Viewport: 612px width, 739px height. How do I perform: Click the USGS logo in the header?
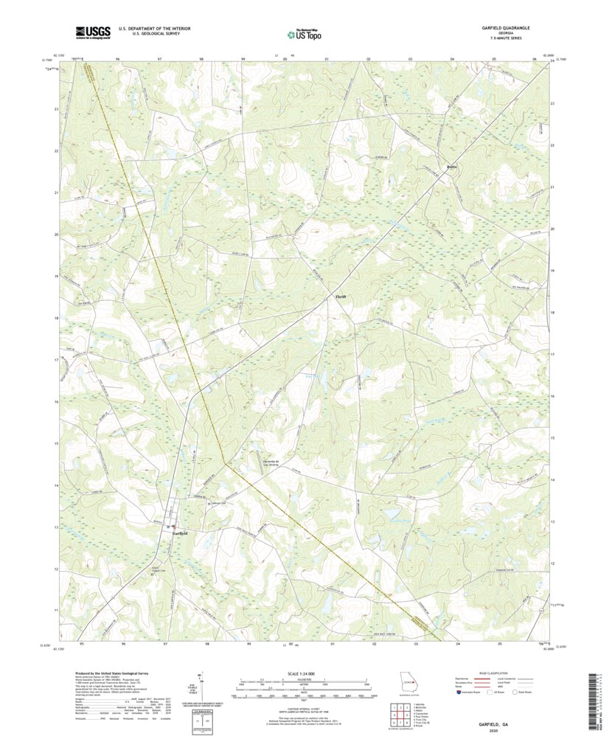[x=91, y=32]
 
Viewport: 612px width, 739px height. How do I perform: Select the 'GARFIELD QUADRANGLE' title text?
[x=507, y=27]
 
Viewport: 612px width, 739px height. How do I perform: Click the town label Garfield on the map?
[x=181, y=532]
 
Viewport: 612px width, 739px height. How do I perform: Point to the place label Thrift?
[x=340, y=296]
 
